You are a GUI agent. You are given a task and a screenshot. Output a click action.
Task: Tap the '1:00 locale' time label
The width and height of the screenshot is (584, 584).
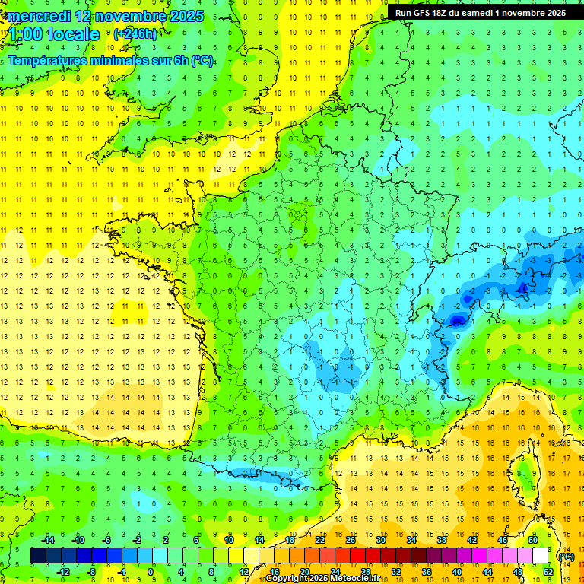click(x=55, y=34)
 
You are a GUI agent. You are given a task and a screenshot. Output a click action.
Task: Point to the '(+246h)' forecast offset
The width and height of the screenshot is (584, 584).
click(x=135, y=34)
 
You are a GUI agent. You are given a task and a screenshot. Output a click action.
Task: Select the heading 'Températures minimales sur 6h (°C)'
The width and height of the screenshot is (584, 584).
click(x=111, y=61)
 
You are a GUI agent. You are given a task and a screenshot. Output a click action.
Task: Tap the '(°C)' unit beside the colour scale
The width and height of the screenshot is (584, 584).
click(x=567, y=557)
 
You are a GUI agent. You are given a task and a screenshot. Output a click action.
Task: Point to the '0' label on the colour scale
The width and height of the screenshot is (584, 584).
click(x=151, y=572)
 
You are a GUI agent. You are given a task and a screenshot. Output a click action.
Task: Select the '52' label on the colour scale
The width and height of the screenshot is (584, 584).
click(x=548, y=572)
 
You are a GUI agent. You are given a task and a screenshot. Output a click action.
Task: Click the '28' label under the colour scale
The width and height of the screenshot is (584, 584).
click(x=366, y=572)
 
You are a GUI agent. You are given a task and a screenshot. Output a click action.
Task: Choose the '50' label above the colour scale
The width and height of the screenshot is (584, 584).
click(x=533, y=540)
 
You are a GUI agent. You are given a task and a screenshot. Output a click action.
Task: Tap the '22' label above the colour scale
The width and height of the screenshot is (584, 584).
click(x=320, y=540)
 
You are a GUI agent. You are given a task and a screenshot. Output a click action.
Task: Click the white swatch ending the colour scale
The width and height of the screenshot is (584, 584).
click(x=541, y=556)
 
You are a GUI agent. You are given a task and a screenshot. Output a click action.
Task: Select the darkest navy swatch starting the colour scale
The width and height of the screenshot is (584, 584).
click(x=38, y=556)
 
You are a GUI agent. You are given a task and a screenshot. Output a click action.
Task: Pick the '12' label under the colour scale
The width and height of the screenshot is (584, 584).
click(x=244, y=572)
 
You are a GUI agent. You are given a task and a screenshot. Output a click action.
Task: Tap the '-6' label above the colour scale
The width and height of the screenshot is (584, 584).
click(x=107, y=540)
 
